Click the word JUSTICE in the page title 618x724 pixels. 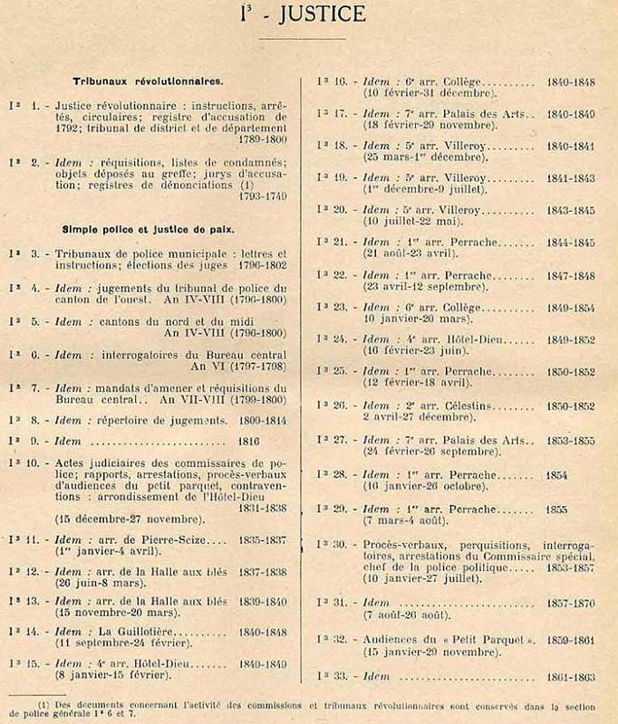(x=317, y=14)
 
